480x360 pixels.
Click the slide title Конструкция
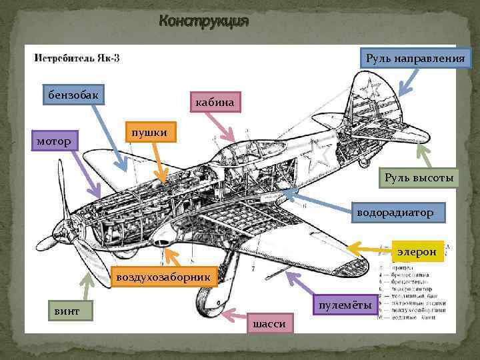pos(203,22)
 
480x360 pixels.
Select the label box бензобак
pos(71,95)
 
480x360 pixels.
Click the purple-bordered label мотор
pos(55,141)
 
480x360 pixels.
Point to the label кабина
pos(215,102)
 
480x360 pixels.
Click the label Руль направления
pos(416,58)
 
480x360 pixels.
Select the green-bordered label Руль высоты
pos(419,178)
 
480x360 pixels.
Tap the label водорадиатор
pos(395,213)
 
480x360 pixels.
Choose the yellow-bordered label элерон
pos(417,251)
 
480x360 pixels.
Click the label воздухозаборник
pos(163,275)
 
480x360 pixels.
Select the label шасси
pos(271,323)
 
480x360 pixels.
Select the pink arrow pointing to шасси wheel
pos(235,315)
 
